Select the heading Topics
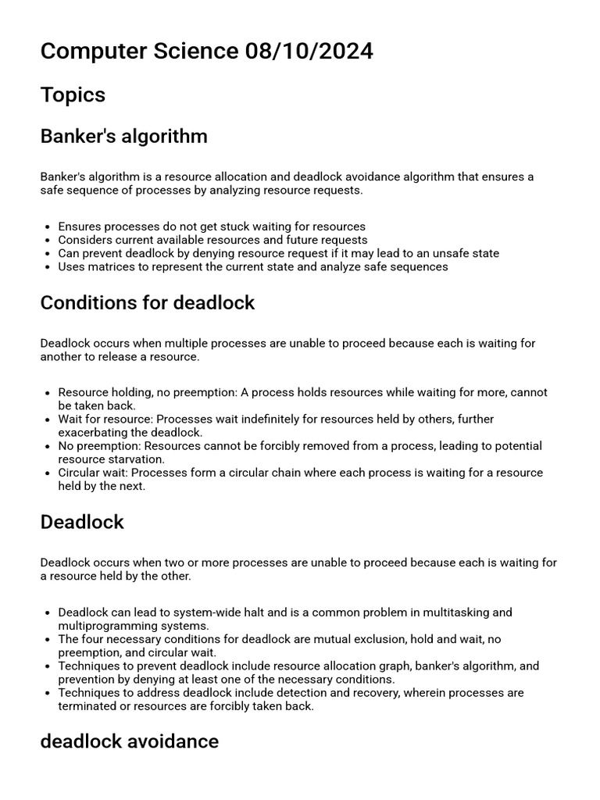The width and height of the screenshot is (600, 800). (x=73, y=95)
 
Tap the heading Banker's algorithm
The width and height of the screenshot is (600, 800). (x=123, y=136)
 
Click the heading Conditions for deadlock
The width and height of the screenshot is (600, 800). (x=147, y=302)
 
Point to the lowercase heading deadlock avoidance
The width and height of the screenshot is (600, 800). (x=129, y=741)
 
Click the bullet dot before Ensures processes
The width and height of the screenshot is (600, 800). (x=48, y=227)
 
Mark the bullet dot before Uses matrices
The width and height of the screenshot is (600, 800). (x=48, y=267)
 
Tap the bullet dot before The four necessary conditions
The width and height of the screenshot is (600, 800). (x=48, y=640)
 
